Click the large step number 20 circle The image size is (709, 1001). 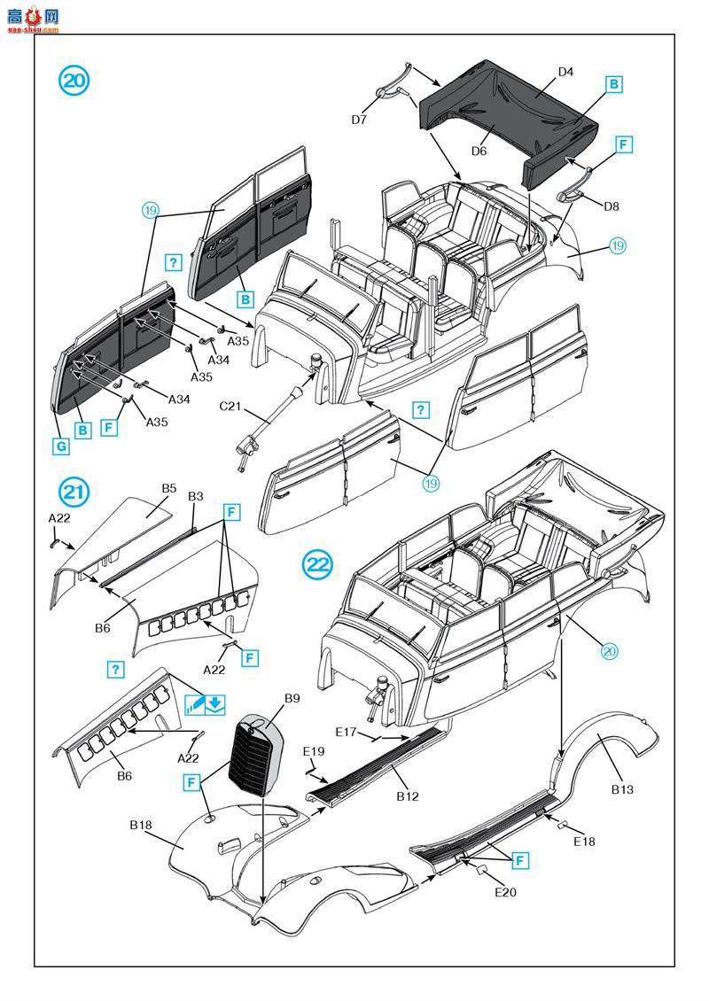point(74,81)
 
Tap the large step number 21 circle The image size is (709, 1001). point(74,491)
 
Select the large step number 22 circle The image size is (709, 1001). point(318,563)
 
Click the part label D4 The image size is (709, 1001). point(565,72)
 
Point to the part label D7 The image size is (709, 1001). point(359,120)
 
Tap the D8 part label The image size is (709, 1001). point(611,206)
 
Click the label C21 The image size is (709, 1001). point(230,407)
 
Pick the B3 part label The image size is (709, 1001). point(196,497)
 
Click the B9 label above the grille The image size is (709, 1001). point(292,699)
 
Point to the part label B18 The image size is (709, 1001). point(141,825)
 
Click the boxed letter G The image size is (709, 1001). point(60,446)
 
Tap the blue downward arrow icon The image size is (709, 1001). point(216,705)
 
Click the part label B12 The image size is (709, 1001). point(408,796)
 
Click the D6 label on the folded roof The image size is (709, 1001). point(479,151)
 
